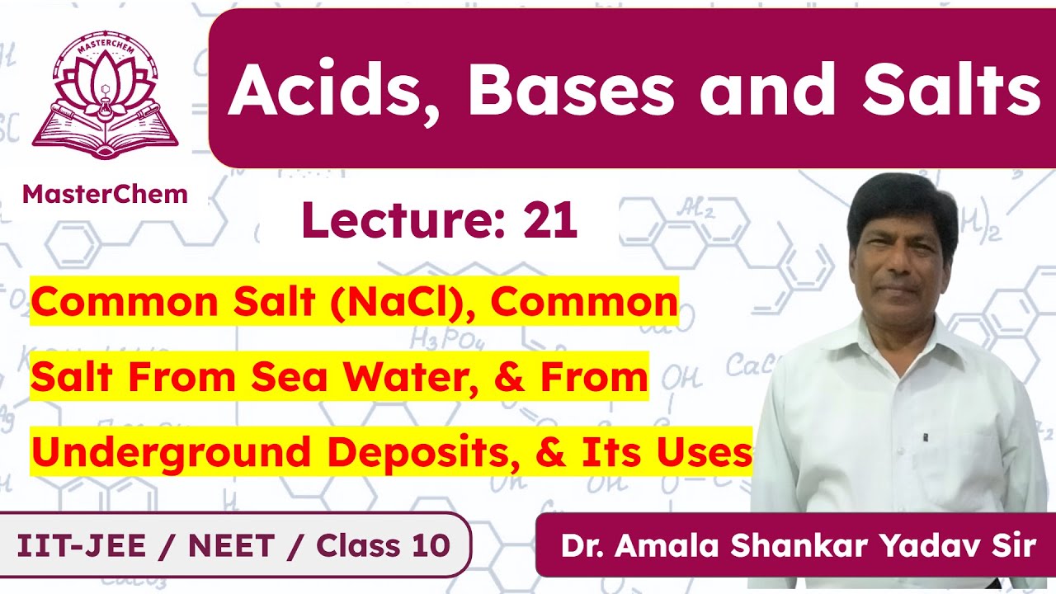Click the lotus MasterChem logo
coord(105,97)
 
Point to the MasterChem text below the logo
coord(105,194)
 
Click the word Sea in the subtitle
coord(288,377)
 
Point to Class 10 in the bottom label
coord(384,545)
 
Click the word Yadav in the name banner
coord(913,546)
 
